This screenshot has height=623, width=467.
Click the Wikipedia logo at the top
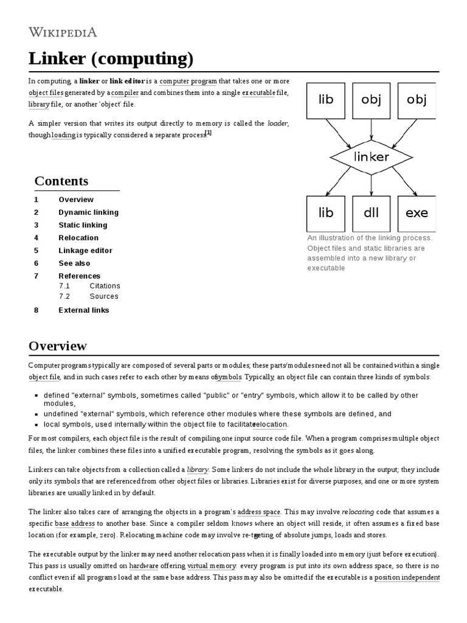coord(63,32)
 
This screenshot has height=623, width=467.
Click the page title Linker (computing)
coord(111,59)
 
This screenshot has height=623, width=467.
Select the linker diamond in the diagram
coord(371,156)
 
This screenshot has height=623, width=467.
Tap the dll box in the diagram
coord(371,213)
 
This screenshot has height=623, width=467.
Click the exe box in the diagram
coord(417,213)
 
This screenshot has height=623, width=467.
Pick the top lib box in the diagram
coord(326,99)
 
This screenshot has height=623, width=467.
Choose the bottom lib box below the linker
coord(326,213)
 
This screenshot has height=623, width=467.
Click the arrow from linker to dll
coord(371,185)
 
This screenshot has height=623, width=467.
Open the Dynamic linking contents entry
coord(88,212)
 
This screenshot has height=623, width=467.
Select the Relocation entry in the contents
coord(78,238)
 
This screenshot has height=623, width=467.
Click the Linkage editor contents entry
coord(85,251)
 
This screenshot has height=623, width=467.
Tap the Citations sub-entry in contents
coord(105,286)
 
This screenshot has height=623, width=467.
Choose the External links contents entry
coord(83,310)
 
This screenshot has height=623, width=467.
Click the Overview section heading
coord(58,346)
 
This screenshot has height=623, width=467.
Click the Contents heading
coord(61,181)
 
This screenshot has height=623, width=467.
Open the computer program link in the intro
coord(187,82)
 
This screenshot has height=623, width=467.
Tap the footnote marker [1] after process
coord(208,133)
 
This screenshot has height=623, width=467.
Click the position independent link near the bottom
coord(407,577)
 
